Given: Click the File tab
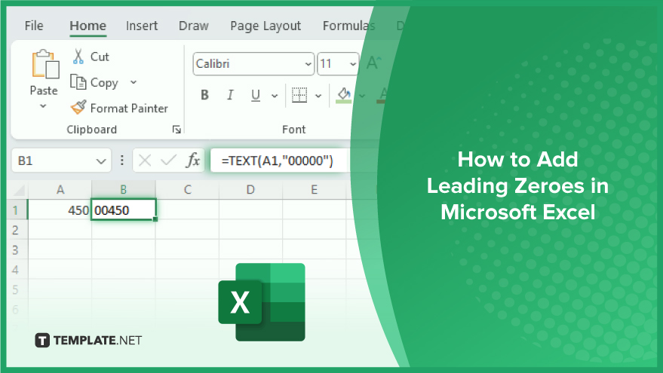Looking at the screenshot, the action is point(34,26).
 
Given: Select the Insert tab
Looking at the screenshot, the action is point(142,26).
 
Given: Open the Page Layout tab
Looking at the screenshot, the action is point(266,26).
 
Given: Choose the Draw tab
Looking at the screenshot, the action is point(194,26).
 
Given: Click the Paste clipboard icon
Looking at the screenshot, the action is point(45,64).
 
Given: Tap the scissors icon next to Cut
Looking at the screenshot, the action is point(78,57).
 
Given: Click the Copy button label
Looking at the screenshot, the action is point(104,83).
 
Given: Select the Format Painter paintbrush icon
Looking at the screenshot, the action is point(78,107).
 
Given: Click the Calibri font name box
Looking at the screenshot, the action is point(253,64).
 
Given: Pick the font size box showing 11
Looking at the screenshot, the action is point(338,64).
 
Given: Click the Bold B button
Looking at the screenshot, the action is point(204,95).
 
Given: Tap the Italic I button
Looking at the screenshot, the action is point(230,95).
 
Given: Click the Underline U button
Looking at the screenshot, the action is point(256,96).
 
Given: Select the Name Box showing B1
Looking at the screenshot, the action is point(61,161).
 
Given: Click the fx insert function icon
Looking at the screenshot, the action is point(193,161).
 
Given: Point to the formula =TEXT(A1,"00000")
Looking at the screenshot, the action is point(278,161).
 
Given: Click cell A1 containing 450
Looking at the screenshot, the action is point(60,210).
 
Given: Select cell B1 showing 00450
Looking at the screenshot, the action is point(124,209).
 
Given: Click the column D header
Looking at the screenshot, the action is point(250,190).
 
